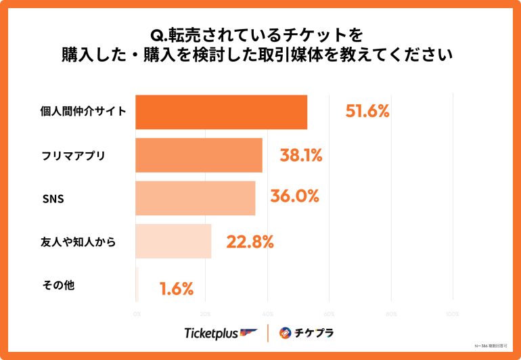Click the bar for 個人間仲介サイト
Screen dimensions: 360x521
(x=221, y=112)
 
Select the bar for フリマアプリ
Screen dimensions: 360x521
(x=199, y=156)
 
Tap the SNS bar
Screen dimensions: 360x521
(x=196, y=198)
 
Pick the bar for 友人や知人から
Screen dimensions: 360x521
(x=174, y=241)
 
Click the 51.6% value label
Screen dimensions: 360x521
(x=367, y=112)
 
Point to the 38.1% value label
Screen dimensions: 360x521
(x=300, y=156)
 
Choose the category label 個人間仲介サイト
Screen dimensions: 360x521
(x=83, y=112)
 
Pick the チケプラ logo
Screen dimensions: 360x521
(x=307, y=333)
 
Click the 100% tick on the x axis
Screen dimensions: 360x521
(x=453, y=314)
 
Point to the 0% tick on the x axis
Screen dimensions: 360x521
(x=137, y=314)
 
